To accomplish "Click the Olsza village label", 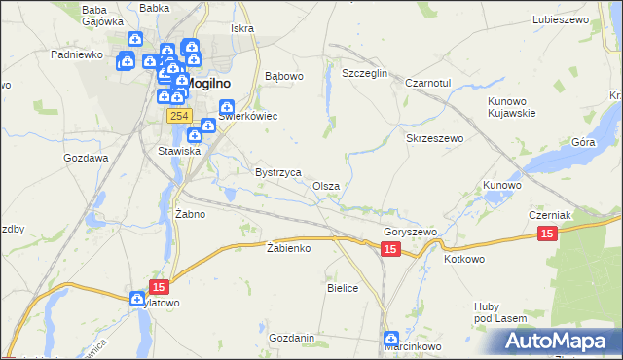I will (x=326, y=186).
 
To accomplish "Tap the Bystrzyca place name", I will (x=277, y=171).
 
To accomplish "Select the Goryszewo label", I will (x=410, y=233).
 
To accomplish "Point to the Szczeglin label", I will (x=365, y=74).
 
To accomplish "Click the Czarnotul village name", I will (x=428, y=84).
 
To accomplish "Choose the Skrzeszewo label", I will (x=434, y=139).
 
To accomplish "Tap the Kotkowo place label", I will (x=464, y=260).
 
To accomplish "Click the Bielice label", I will (x=343, y=288).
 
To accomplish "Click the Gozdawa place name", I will (x=86, y=158).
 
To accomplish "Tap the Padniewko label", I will (x=77, y=54).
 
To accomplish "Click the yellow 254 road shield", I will (x=177, y=116).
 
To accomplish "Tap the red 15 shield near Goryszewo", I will (x=389, y=250).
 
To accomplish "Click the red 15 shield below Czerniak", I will (x=547, y=234).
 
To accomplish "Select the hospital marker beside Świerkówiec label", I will (x=226, y=107).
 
